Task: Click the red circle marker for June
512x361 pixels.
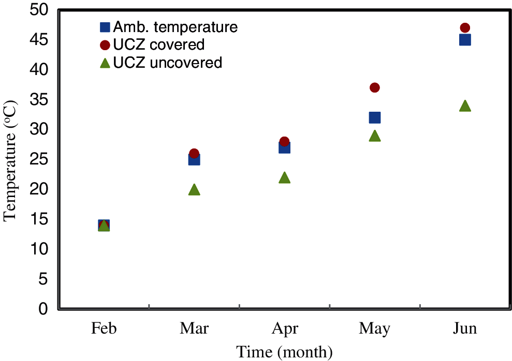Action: point(465,28)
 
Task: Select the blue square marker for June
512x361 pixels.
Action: point(465,40)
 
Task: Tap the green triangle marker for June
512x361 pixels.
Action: point(465,106)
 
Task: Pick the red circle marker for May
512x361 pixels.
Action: point(375,87)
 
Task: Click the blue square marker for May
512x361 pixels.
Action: point(375,118)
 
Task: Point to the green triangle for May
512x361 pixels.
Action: point(375,136)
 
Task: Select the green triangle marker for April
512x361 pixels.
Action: point(284,178)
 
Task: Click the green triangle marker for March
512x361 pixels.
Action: point(194,190)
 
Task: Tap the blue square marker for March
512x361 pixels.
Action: point(194,160)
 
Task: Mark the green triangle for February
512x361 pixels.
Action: point(104,226)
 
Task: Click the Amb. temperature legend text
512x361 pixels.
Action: point(175,27)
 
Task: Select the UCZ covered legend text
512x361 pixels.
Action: point(159,45)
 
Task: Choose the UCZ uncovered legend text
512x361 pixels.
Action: point(168,63)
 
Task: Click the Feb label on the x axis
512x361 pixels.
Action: point(104,329)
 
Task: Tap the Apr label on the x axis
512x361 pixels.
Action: point(284,329)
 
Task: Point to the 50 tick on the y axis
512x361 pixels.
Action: point(39,10)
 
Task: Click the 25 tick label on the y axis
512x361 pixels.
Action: point(39,160)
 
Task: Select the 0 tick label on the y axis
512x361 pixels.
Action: point(45,309)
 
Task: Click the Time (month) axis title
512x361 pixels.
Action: point(284,352)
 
